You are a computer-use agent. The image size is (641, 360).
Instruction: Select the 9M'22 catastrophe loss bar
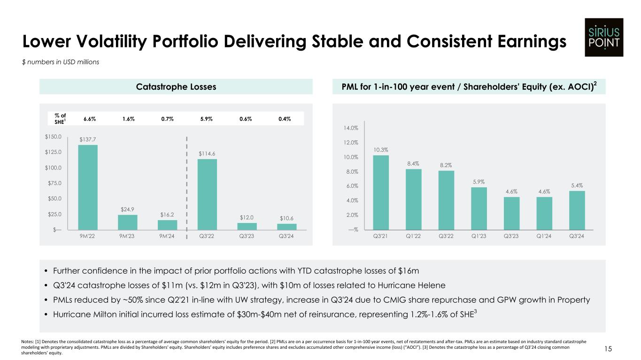pos(88,187)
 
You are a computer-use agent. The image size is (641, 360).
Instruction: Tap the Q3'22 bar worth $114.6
pos(207,194)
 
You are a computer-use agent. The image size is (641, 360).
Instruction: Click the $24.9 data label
pos(128,209)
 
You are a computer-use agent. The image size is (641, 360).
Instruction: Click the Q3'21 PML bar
pos(381,192)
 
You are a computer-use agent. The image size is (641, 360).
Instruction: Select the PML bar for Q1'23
pos(479,208)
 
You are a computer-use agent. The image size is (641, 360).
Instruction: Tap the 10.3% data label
pos(381,150)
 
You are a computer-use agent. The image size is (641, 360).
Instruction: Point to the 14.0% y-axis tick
pos(351,128)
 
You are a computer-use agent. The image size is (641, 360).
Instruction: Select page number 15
pos(621,349)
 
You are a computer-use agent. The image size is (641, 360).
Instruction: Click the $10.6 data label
pos(287,218)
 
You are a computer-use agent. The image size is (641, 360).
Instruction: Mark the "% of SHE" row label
pos(60,119)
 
